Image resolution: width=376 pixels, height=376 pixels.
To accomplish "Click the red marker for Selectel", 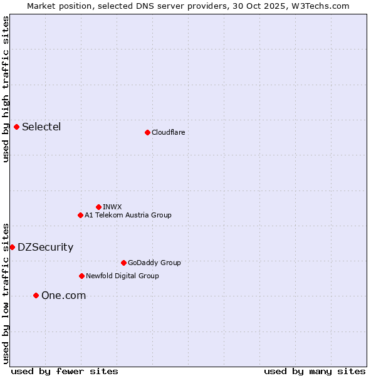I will pos(16,127).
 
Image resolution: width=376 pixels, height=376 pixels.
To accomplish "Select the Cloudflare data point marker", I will pos(147,132).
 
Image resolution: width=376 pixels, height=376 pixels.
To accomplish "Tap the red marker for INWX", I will pos(98,207).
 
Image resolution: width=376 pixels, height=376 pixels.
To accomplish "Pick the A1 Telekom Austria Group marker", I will pos(80,215).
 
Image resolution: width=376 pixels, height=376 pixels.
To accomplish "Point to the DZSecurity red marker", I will pos(12,247).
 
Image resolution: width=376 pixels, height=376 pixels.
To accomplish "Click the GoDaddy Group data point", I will pos(123,263).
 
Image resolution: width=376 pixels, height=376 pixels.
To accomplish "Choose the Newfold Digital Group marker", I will pos(81,276).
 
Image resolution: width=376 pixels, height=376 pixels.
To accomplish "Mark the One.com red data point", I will pos(36,295).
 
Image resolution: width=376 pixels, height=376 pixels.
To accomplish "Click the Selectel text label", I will pos(41,127).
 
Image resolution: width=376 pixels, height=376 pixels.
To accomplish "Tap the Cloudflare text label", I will pos(168,132).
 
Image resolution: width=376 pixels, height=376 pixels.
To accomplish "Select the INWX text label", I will pos(112,207).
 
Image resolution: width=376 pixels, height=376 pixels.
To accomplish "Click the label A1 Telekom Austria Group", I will pos(128,215).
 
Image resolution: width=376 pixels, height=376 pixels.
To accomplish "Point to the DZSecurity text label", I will pos(45,247).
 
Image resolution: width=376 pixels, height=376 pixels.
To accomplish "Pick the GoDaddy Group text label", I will pos(154,263).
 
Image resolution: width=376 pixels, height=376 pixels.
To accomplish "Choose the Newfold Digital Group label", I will pos(122,276).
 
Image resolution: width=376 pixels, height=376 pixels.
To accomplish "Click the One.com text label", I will pos(63,295).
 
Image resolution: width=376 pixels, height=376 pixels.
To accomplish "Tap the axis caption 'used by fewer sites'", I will pos(65,371).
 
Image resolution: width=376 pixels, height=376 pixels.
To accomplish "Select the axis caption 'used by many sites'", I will pos(315,371).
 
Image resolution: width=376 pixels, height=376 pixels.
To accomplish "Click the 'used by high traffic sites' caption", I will pos(6,89).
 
